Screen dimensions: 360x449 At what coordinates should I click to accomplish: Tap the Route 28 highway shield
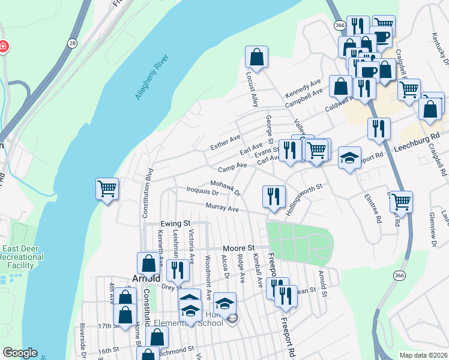pyautogui.click(x=73, y=43)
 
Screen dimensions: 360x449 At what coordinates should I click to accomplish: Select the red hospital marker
pyautogui.click(x=3, y=47)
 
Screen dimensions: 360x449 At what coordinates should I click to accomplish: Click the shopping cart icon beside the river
pyautogui.click(x=107, y=190)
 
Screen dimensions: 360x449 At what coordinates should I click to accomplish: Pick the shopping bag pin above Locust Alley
pyautogui.click(x=256, y=58)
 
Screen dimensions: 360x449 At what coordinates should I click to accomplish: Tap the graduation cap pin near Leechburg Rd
pyautogui.click(x=349, y=158)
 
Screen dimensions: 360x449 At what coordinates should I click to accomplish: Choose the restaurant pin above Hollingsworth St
pyautogui.click(x=273, y=196)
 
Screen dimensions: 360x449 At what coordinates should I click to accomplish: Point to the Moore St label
pyautogui.click(x=239, y=248)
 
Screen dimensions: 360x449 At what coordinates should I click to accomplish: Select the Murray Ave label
pyautogui.click(x=222, y=208)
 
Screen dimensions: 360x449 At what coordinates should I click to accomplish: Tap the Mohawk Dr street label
pyautogui.click(x=226, y=188)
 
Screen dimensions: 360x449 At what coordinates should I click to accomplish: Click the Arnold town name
pyautogui.click(x=145, y=278)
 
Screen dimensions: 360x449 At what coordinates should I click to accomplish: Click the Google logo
pyautogui.click(x=20, y=353)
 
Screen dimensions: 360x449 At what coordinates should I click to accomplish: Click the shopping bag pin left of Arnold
pyautogui.click(x=148, y=263)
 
